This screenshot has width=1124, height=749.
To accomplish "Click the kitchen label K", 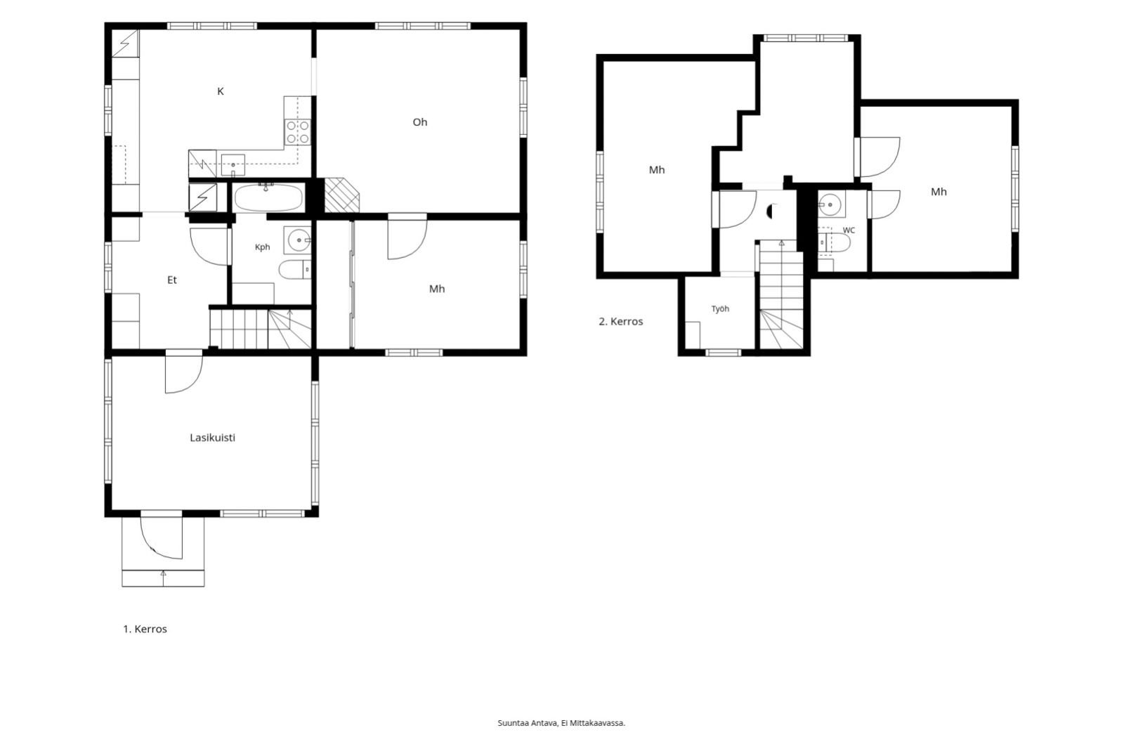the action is pyautogui.click(x=221, y=91).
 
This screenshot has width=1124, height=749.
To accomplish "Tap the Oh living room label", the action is pyautogui.click(x=420, y=122).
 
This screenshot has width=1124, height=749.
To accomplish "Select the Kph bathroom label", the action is pyautogui.click(x=263, y=247).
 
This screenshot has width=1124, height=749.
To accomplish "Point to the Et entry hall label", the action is pyautogui.click(x=172, y=280).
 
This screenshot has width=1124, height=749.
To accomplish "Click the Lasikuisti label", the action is pyautogui.click(x=212, y=438).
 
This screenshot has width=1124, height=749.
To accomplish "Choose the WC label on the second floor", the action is pyautogui.click(x=849, y=230).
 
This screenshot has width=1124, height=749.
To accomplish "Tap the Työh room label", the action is pyautogui.click(x=720, y=308).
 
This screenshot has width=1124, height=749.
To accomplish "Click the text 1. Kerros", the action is pyautogui.click(x=145, y=629).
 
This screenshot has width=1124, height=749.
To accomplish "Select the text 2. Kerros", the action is pyautogui.click(x=621, y=321).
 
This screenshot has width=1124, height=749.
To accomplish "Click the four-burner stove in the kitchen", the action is pyautogui.click(x=298, y=132).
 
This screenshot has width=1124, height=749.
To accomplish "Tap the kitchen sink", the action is pyautogui.click(x=233, y=165).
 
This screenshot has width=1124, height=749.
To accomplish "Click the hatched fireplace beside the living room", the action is pyautogui.click(x=342, y=195).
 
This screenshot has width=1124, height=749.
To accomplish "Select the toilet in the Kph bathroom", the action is pyautogui.click(x=295, y=270).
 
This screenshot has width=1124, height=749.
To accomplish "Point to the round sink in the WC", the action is pyautogui.click(x=830, y=204).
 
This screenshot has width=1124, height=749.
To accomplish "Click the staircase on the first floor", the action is pyautogui.click(x=261, y=330).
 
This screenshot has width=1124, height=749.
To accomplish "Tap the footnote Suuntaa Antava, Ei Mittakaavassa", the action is pyautogui.click(x=561, y=723).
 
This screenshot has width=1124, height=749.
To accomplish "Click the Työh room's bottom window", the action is pyautogui.click(x=723, y=353).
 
